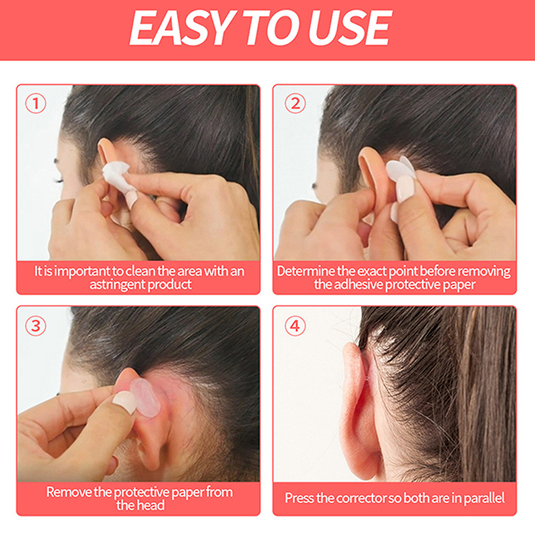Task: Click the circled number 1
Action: pos(35,104)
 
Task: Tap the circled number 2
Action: pos(295,104)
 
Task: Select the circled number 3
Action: pos(35,326)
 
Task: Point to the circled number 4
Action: pos(295,326)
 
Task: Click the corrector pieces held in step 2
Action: pos(401,170)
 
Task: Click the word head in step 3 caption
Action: pos(151,506)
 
